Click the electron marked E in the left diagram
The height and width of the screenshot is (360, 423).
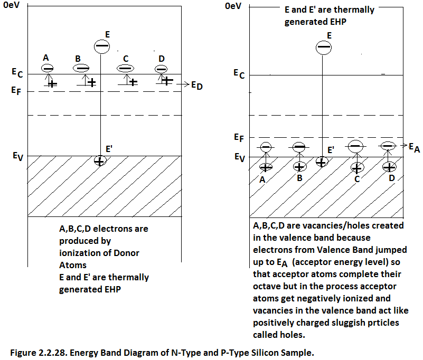[x=100, y=46]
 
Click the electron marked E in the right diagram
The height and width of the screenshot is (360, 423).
[x=324, y=48]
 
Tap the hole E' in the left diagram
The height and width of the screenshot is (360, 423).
[x=99, y=161]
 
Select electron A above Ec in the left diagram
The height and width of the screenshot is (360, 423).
[x=48, y=68]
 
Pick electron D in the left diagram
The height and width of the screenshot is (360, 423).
[x=161, y=69]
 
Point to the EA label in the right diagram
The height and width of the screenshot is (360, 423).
[x=414, y=148]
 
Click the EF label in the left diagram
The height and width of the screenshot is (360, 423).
[x=16, y=90]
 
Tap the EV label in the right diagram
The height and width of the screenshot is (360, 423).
[x=239, y=157]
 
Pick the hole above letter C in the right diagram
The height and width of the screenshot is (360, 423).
[x=357, y=168]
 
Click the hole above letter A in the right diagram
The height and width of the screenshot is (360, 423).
[x=266, y=166]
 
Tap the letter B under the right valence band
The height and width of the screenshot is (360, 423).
[x=300, y=178]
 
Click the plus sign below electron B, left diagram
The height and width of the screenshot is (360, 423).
[x=92, y=82]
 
